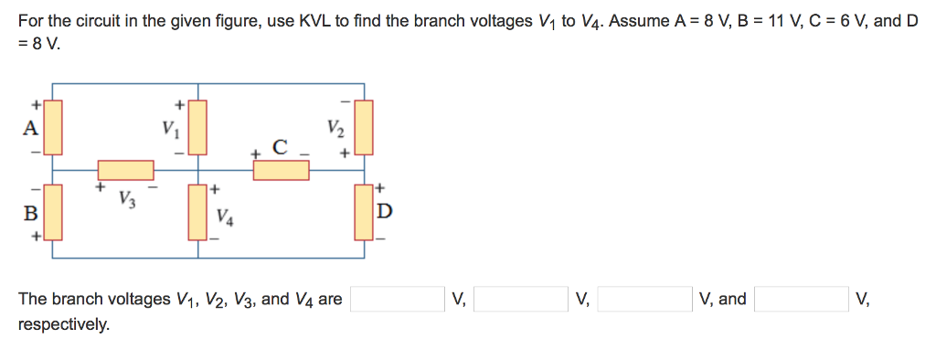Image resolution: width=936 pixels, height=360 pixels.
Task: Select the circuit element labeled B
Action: click(53, 212)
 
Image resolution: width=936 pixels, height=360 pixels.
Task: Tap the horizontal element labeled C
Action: click(281, 170)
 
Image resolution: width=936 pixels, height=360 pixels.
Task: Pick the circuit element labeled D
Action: click(364, 211)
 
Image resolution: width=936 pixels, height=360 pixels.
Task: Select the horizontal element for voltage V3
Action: click(126, 170)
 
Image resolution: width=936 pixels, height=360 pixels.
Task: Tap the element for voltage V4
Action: click(198, 211)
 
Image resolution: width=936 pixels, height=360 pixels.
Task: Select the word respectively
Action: click(63, 324)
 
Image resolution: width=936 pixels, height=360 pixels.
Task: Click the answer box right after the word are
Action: click(397, 300)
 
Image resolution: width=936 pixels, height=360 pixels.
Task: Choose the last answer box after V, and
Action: click(801, 300)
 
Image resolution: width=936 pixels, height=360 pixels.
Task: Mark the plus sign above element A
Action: click(37, 103)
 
